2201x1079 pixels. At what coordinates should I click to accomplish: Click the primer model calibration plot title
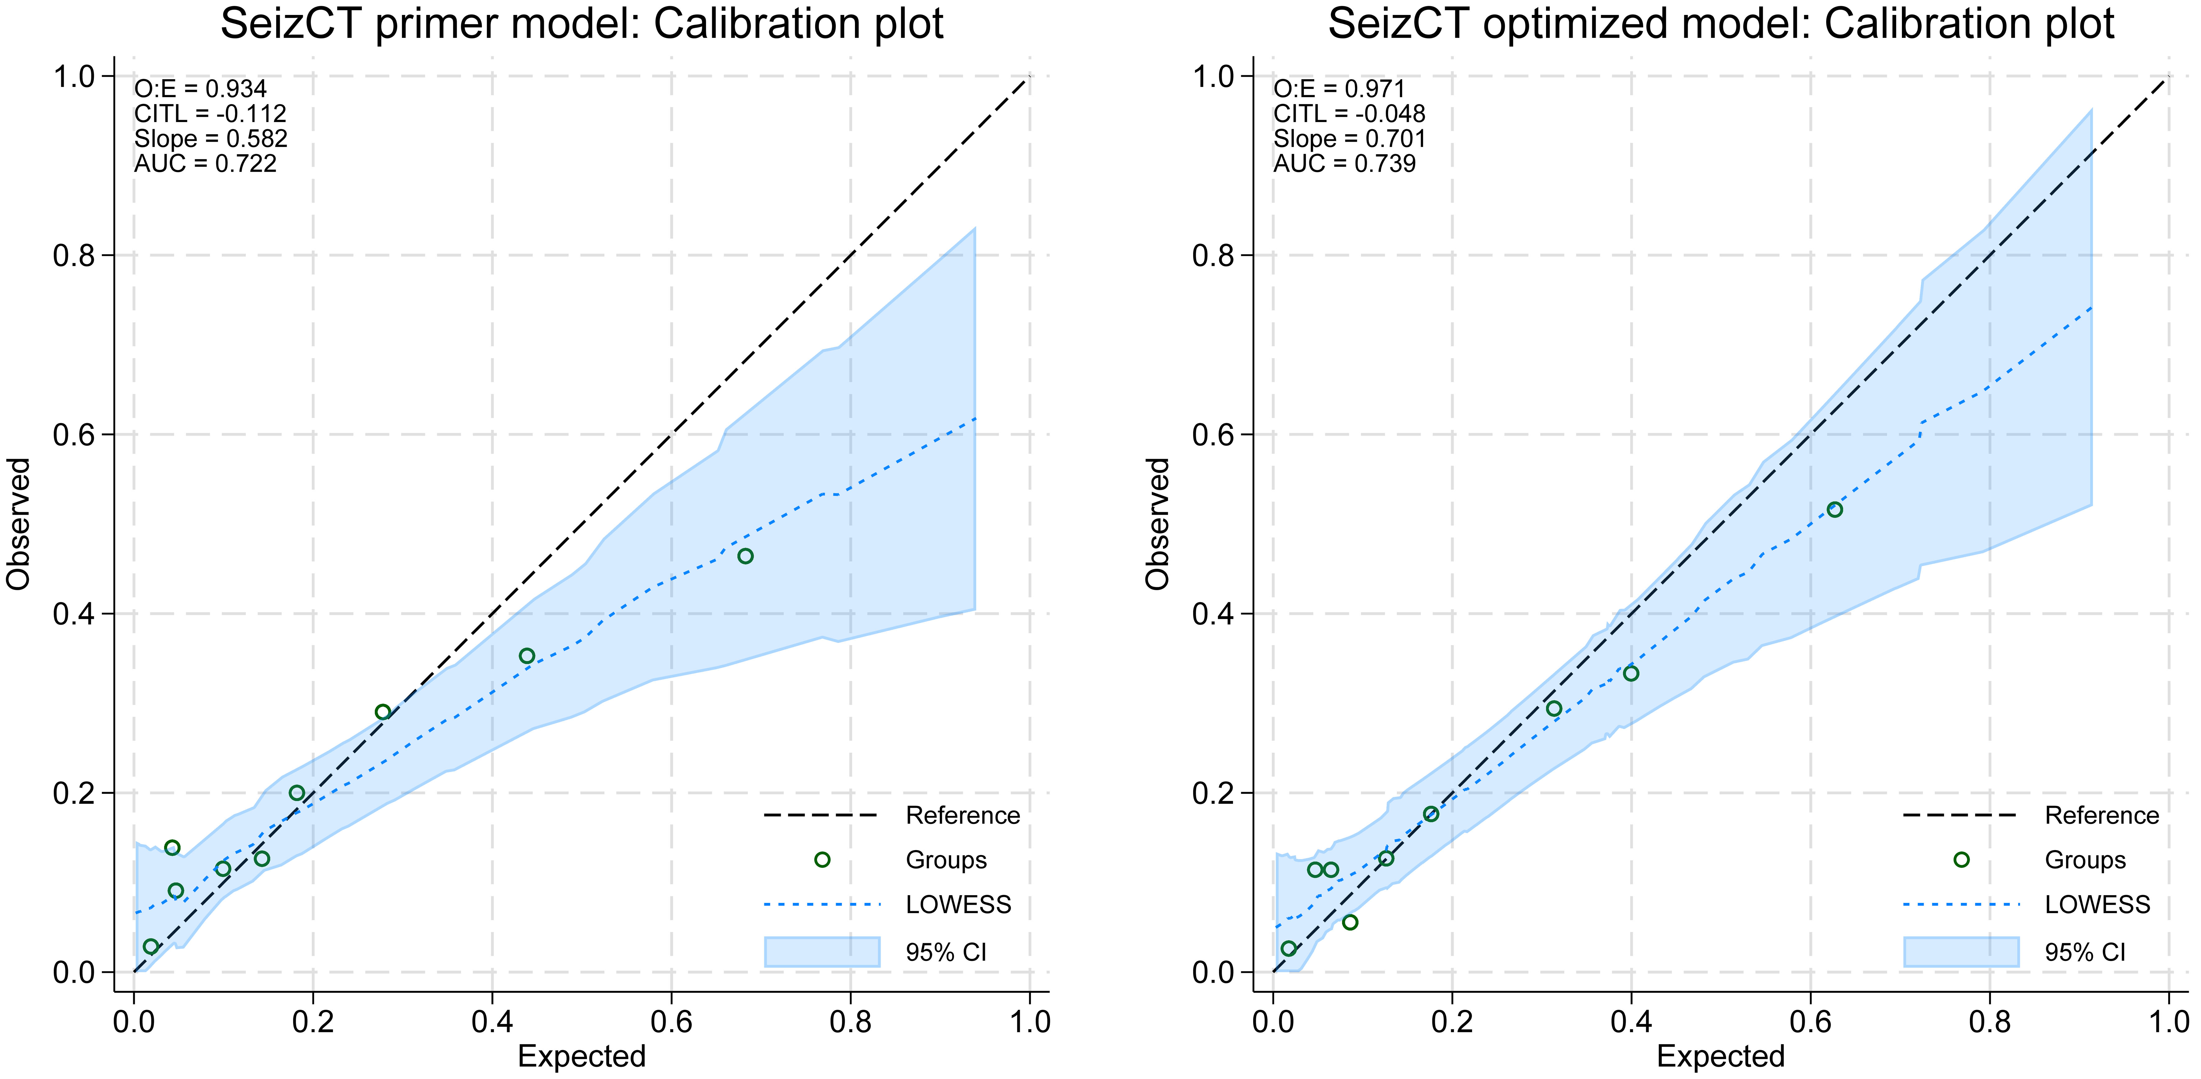click(x=582, y=24)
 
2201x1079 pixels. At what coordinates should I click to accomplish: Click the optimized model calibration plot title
click(x=1721, y=24)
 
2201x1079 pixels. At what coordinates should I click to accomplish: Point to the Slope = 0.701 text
click(x=1349, y=139)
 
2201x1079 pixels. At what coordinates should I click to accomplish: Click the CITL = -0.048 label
click(x=1349, y=114)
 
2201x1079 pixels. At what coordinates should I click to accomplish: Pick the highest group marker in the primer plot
click(x=745, y=556)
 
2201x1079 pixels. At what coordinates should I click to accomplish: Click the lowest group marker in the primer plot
click(x=151, y=947)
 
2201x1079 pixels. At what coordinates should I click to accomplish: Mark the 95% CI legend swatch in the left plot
click(x=822, y=952)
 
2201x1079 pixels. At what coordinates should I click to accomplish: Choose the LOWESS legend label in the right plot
click(x=2097, y=905)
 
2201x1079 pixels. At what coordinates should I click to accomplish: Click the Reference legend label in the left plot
click(x=962, y=816)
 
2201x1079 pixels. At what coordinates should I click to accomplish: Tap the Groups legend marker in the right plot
click(x=1962, y=859)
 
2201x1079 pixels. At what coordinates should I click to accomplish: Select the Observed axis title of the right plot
click(x=1158, y=524)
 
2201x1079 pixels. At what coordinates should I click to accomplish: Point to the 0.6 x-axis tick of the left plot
click(x=671, y=1021)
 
